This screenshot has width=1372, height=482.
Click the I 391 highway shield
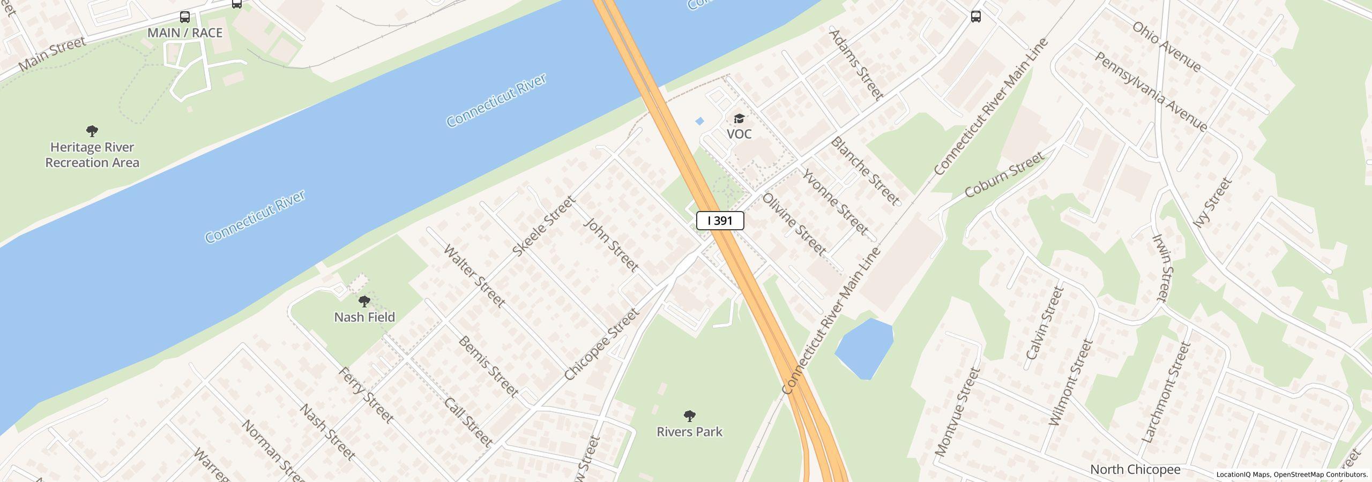click(720, 221)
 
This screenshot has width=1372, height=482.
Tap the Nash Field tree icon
click(364, 301)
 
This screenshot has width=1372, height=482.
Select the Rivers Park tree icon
click(690, 416)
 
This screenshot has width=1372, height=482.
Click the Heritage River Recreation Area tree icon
click(92, 131)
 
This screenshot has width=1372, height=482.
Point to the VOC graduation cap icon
click(739, 118)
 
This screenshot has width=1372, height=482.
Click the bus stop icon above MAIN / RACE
click(185, 17)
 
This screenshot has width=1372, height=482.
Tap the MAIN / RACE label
click(185, 33)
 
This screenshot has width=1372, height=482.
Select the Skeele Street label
click(543, 226)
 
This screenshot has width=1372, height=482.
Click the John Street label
click(611, 244)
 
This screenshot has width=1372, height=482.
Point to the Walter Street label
click(474, 276)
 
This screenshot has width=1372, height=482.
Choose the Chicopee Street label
click(602, 344)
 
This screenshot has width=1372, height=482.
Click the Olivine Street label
click(794, 223)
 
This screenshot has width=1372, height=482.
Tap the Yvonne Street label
click(835, 201)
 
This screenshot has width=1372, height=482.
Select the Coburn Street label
click(1004, 174)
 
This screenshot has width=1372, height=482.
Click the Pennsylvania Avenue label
click(1151, 92)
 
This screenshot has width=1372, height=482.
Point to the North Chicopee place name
click(1135, 470)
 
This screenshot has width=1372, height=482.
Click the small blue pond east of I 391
click(864, 349)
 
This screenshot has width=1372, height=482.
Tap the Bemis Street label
click(488, 367)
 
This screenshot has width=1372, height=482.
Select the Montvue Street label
click(957, 412)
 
